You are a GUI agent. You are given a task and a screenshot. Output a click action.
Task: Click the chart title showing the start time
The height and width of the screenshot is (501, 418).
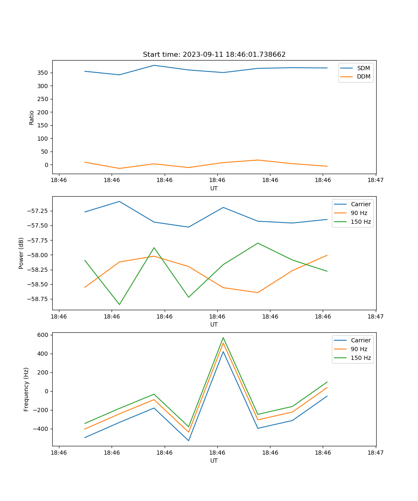(214, 55)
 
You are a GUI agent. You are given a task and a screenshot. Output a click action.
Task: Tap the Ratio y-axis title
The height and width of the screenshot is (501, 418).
(32, 117)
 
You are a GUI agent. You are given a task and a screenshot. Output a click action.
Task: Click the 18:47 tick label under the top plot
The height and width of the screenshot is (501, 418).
(375, 180)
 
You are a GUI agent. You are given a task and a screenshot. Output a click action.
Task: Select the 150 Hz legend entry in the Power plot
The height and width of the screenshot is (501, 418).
(361, 222)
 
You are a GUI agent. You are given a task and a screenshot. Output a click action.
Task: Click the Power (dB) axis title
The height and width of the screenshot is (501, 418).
(21, 253)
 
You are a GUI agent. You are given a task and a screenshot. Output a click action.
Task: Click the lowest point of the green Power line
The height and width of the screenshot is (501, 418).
(120, 304)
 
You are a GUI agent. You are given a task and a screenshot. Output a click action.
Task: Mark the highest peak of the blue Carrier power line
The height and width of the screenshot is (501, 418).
(120, 202)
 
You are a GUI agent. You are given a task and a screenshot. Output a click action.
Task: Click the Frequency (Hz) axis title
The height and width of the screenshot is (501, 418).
(26, 389)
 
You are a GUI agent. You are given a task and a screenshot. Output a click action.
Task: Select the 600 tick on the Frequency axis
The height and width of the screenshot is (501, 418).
(43, 335)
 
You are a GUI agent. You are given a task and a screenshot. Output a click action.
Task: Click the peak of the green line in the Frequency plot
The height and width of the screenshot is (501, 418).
(223, 337)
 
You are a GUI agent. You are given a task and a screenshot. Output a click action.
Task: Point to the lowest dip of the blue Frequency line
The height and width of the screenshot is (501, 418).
(189, 440)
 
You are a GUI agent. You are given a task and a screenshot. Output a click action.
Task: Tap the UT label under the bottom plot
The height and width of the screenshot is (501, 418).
(214, 461)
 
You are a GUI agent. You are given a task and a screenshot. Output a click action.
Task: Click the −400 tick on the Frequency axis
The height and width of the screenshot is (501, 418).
(41, 429)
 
